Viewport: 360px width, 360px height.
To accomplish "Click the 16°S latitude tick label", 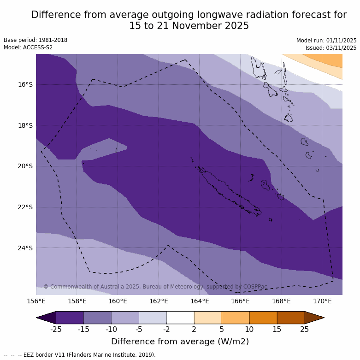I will pyautogui.click(x=25, y=84).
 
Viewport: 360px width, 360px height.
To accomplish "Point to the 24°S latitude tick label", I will pyautogui.click(x=25, y=248).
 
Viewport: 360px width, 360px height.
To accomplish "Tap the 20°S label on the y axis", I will pyautogui.click(x=25, y=166).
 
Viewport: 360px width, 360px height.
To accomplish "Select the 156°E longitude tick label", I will pyautogui.click(x=36, y=301).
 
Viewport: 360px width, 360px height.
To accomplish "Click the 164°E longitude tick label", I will pyautogui.click(x=200, y=301).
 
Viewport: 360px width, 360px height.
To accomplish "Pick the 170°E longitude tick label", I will pyautogui.click(x=322, y=301).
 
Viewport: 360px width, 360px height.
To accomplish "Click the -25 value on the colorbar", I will pyautogui.click(x=56, y=329).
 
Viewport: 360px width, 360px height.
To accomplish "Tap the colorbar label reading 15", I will pyautogui.click(x=277, y=329).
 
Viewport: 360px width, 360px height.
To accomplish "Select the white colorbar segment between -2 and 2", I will pyautogui.click(x=180, y=318).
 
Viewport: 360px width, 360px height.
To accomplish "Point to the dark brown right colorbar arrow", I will pyautogui.click(x=314, y=318).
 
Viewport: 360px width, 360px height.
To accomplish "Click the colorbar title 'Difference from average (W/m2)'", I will pyautogui.click(x=180, y=342).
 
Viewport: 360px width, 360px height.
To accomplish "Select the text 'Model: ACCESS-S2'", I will pyautogui.click(x=28, y=47).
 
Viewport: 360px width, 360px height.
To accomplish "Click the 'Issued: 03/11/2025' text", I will pyautogui.click(x=331, y=48).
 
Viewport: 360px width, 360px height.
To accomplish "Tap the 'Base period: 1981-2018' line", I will pyautogui.click(x=35, y=40).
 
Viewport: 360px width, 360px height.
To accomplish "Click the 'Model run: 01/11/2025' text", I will pyautogui.click(x=326, y=41).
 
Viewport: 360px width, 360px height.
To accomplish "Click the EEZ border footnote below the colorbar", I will pyautogui.click(x=80, y=355).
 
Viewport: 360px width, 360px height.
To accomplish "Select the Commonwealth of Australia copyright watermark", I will pyautogui.click(x=155, y=287).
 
